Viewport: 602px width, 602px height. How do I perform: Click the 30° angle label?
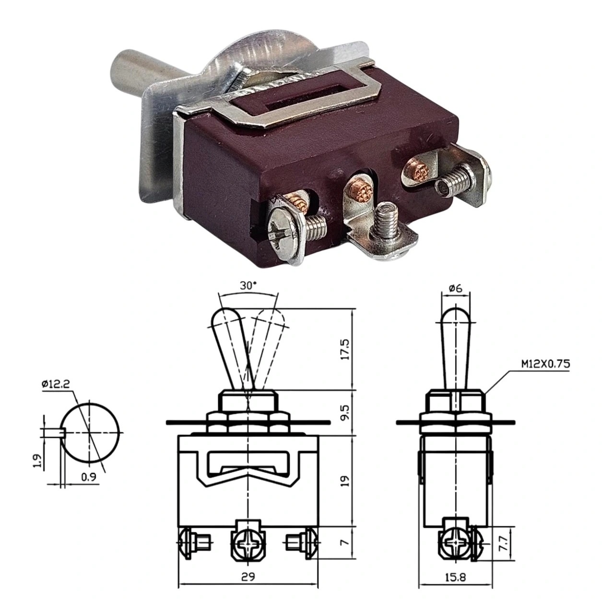coord(248,286)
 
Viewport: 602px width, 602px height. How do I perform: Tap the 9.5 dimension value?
coord(346,413)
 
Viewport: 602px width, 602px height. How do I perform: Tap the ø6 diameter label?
coord(456,288)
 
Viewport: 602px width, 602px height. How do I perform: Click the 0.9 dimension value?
coord(89,477)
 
